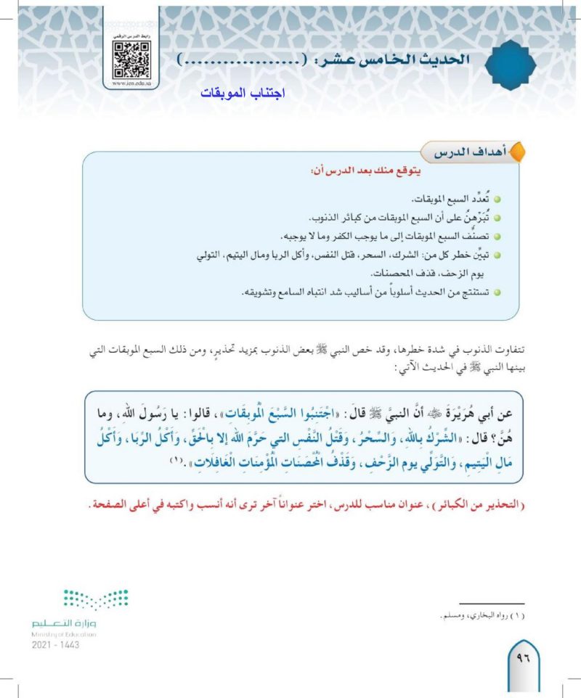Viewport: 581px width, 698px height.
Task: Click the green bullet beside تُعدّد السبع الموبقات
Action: [497, 199]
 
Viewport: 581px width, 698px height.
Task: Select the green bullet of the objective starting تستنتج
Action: [497, 292]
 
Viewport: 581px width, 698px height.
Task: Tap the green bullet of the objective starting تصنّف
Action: [497, 237]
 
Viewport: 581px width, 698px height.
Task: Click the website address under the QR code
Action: [131, 84]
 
